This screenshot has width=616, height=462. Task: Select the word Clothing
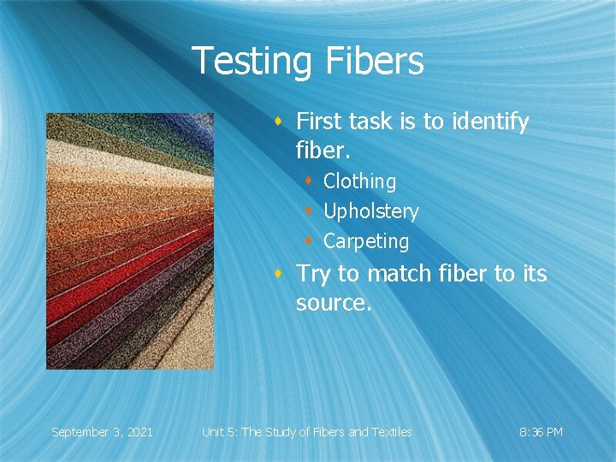pos(359,181)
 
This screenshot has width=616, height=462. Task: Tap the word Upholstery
pos(370,211)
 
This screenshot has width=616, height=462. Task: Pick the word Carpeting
pos(366,241)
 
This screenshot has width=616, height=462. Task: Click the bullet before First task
pos(279,122)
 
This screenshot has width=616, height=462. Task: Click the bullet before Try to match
pos(279,274)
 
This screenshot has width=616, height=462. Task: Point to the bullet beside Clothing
pos(310,181)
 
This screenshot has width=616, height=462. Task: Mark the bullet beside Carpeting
pos(310,241)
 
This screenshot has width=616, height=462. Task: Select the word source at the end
pos(331,303)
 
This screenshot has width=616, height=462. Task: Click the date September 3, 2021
pos(102,432)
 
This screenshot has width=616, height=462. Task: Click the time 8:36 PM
pos(541,432)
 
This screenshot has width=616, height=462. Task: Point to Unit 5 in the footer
pos(219,432)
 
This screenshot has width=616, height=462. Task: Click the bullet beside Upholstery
pos(310,211)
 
